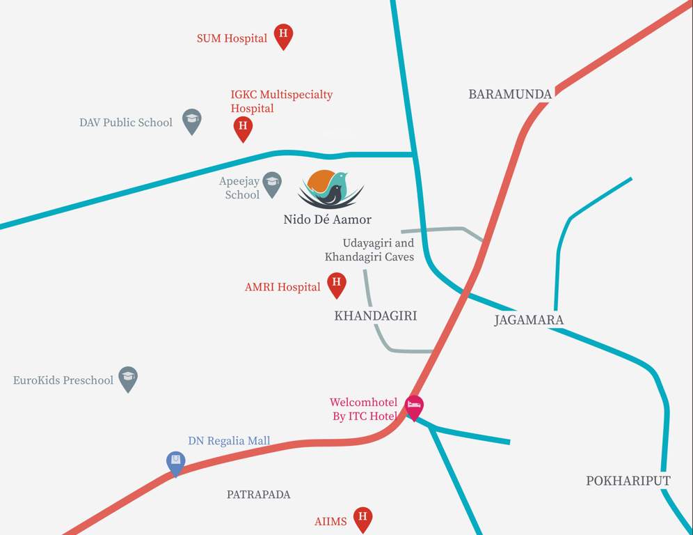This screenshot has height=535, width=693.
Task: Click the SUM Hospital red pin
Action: click(x=282, y=35)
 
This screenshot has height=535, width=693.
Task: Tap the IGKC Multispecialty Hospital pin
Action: click(x=243, y=127)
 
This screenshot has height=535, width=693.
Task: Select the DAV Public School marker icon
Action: click(x=192, y=120)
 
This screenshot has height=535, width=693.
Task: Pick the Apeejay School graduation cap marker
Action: click(x=271, y=183)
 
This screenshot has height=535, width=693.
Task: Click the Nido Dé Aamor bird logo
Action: click(x=330, y=189)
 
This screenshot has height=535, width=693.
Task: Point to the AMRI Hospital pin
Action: click(x=337, y=284)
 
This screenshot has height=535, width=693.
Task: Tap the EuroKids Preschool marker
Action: click(x=128, y=378)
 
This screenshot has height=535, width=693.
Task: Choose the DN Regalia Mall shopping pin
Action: click(x=176, y=462)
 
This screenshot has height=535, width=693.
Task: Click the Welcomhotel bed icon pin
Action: click(x=415, y=406)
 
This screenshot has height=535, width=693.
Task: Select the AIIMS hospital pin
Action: click(x=362, y=518)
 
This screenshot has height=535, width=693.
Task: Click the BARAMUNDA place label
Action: click(x=510, y=94)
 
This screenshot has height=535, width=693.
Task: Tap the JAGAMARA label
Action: click(x=529, y=320)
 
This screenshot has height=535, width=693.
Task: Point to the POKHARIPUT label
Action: click(x=628, y=481)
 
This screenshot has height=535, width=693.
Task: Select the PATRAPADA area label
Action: click(x=258, y=495)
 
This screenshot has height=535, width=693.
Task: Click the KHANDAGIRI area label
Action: click(x=376, y=316)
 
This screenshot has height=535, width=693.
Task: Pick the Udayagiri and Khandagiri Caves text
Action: click(x=369, y=250)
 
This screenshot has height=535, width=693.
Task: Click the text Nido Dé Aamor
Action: click(x=327, y=219)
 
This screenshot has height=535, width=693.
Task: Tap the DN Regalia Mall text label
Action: click(x=229, y=441)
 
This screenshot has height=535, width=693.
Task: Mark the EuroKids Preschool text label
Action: click(x=63, y=380)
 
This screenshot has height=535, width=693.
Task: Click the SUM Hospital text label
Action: click(x=232, y=38)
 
